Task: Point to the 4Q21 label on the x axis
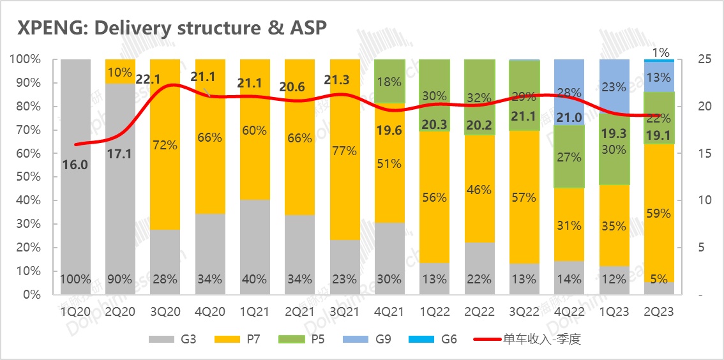389,311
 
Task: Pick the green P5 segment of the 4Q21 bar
389,81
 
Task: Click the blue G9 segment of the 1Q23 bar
614,87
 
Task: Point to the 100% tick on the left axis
25,59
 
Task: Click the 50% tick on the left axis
27,177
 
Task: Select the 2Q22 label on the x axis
479,311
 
